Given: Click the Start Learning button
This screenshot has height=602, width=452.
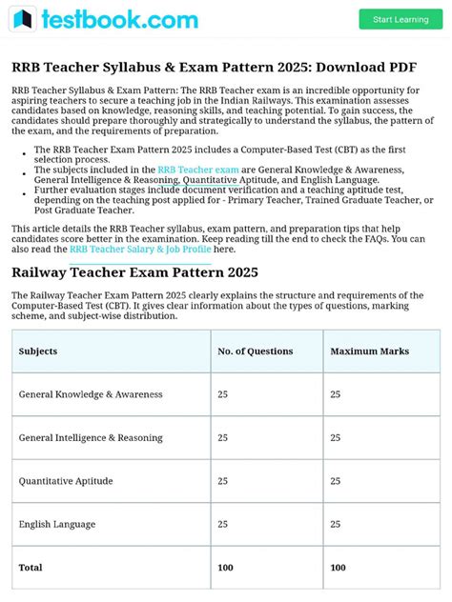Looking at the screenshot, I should pos(401,19).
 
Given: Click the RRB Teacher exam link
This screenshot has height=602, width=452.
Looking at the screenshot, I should pos(198,170).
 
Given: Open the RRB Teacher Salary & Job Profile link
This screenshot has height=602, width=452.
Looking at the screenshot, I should pos(140,250).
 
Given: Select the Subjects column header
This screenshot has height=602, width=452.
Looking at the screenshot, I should pos(38,351).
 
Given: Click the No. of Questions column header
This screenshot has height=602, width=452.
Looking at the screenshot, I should pos(255,351).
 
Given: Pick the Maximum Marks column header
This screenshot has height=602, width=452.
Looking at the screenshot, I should pos(368,351).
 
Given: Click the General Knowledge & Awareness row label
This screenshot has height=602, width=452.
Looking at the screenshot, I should pos(91,394).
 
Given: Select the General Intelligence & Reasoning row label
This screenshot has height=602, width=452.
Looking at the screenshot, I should pos(91,438).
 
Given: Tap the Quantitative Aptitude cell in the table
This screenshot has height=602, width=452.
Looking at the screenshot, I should pos(67,481).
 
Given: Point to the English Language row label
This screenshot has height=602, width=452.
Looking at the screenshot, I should pos(57,524).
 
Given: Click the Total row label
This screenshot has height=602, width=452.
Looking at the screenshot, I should pos(31,568).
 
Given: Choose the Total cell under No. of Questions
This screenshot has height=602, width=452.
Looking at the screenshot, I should pos(225,568).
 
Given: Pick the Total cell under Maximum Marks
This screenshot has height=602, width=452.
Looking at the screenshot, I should pos(338,568).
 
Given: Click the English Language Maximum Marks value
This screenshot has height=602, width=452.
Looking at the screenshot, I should pos(335,524).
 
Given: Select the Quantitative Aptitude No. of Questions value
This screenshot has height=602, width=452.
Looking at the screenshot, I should pos(222,481).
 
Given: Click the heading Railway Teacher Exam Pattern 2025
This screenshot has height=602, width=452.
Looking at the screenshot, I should pos(134,272).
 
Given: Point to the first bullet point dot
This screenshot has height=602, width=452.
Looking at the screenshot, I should pos(23,150).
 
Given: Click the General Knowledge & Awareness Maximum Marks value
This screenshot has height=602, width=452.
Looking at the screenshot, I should pos(335,394).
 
